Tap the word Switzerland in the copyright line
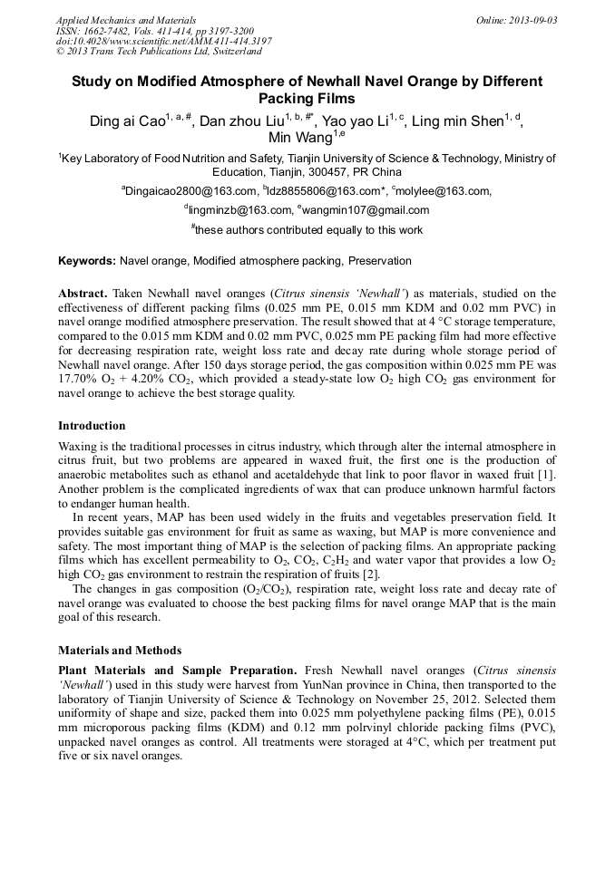coord(222,53)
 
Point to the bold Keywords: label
coord(87,261)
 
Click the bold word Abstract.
coord(83,294)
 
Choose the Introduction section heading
coord(92,426)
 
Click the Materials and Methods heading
coord(120,651)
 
